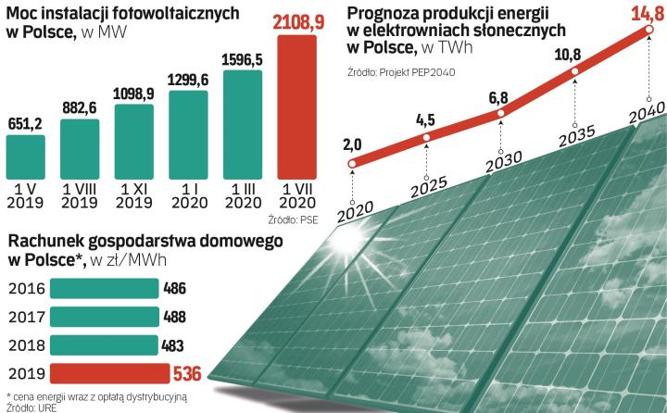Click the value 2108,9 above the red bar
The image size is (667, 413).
click(304, 18)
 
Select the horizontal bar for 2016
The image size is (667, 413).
click(105, 289)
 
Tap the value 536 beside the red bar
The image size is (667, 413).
click(187, 374)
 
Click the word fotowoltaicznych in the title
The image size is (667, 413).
click(177, 12)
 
